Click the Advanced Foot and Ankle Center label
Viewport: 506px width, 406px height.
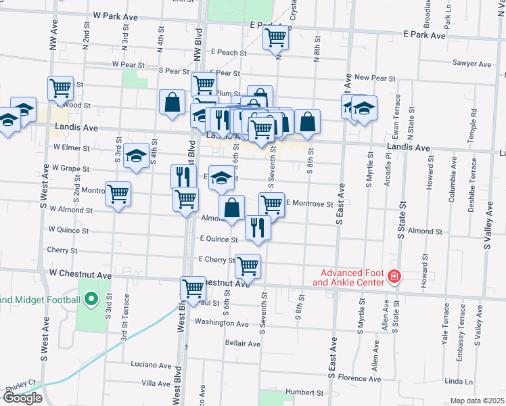[x=349, y=277]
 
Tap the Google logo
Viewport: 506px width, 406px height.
[x=22, y=397]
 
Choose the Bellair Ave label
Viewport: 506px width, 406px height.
[x=243, y=344]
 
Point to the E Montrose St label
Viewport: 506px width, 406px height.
[x=309, y=203]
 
